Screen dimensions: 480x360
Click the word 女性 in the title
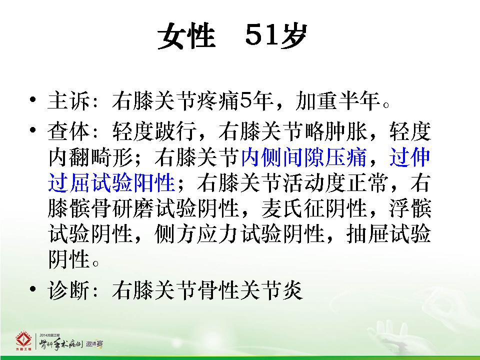click(x=186, y=36)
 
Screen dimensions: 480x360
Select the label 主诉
click(x=69, y=101)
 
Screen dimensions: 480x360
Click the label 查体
click(x=69, y=131)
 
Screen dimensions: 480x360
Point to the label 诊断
click(x=69, y=289)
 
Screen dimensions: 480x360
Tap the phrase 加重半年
click(x=338, y=101)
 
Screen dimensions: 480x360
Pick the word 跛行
click(x=176, y=131)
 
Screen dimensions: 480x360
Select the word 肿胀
click(x=346, y=131)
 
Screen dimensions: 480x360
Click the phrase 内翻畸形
click(x=90, y=157)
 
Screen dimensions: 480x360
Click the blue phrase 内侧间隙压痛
click(x=303, y=157)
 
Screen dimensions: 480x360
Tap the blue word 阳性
click(x=154, y=183)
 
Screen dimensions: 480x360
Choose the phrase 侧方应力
click(x=197, y=234)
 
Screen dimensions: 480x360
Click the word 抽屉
click(x=367, y=234)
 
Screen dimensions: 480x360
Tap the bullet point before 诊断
click(x=33, y=289)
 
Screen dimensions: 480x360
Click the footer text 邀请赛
click(x=94, y=344)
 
